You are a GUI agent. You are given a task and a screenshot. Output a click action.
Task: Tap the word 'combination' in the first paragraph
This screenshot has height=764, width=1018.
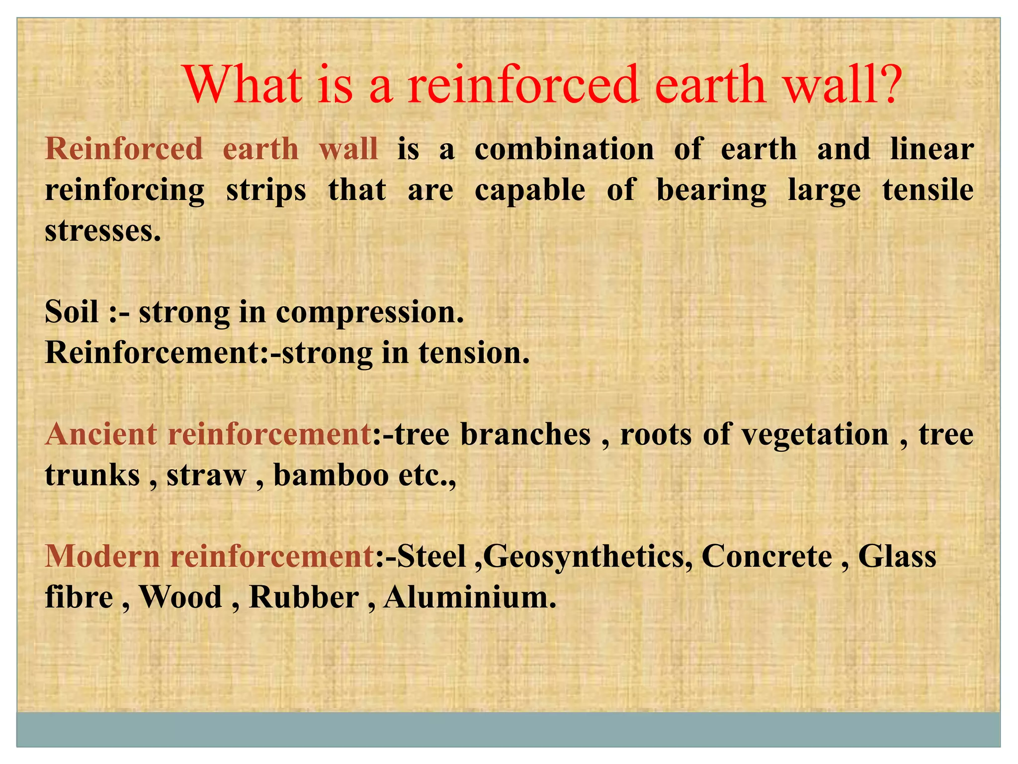tap(564, 149)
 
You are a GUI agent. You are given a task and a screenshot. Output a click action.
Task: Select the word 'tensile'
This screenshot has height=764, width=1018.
tap(928, 190)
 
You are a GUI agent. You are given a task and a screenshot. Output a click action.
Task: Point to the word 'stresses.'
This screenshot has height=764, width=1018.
tap(103, 231)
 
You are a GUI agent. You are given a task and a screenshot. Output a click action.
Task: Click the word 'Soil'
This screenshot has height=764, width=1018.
tap(72, 312)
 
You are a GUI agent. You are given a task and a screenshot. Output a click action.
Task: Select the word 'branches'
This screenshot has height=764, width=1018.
tap(525, 434)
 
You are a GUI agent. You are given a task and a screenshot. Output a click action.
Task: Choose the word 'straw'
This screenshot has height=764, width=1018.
tap(206, 476)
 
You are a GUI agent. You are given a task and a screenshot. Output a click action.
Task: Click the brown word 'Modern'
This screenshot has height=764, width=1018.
tap(102, 556)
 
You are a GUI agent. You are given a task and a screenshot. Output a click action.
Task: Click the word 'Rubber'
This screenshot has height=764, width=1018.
tap(304, 597)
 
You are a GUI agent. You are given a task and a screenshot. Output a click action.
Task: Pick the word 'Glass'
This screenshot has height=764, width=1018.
tap(897, 556)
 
